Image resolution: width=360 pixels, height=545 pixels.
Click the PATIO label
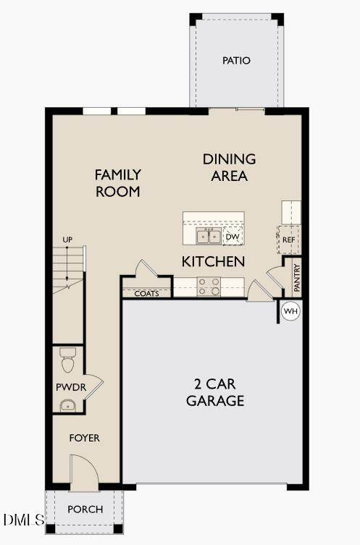236,61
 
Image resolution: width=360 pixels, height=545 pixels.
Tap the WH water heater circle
290,310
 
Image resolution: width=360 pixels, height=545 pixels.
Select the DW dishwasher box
233,237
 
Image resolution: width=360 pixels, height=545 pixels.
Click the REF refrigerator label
289,240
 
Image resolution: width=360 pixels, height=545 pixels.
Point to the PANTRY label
297,278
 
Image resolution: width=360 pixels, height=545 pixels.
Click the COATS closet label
146,293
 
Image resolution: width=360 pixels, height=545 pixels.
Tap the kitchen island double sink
209,237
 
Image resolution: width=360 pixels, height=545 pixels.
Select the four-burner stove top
209,287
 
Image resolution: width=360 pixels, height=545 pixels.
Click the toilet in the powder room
68,360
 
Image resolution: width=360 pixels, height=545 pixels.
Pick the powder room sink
68,405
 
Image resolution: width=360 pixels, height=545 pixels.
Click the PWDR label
71,386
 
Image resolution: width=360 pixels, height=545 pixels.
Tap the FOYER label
85,438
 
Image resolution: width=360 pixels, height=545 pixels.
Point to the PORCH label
85,510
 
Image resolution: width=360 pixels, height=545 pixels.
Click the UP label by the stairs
67,240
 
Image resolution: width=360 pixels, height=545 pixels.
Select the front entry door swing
85,473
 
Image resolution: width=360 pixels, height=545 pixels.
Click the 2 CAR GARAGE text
215,392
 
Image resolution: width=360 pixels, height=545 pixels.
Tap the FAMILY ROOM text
118,183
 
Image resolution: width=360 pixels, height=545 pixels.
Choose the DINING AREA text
229,167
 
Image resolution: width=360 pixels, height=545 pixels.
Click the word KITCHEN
213,261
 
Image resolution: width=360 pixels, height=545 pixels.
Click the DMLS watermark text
24,520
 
